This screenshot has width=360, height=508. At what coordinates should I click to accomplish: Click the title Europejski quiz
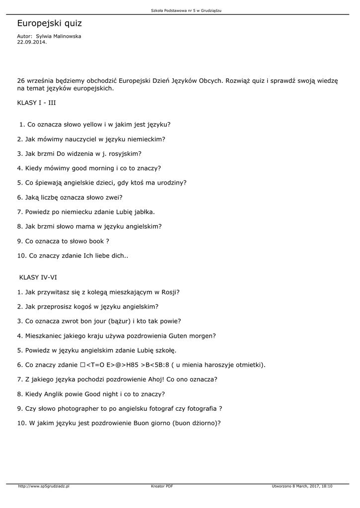(50, 23)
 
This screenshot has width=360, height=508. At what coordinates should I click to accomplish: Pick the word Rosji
(168, 292)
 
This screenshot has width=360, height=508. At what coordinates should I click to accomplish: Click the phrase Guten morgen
(192, 336)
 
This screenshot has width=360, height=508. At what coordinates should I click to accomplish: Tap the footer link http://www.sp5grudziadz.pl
(44, 487)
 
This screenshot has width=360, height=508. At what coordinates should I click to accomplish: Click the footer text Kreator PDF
(162, 487)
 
